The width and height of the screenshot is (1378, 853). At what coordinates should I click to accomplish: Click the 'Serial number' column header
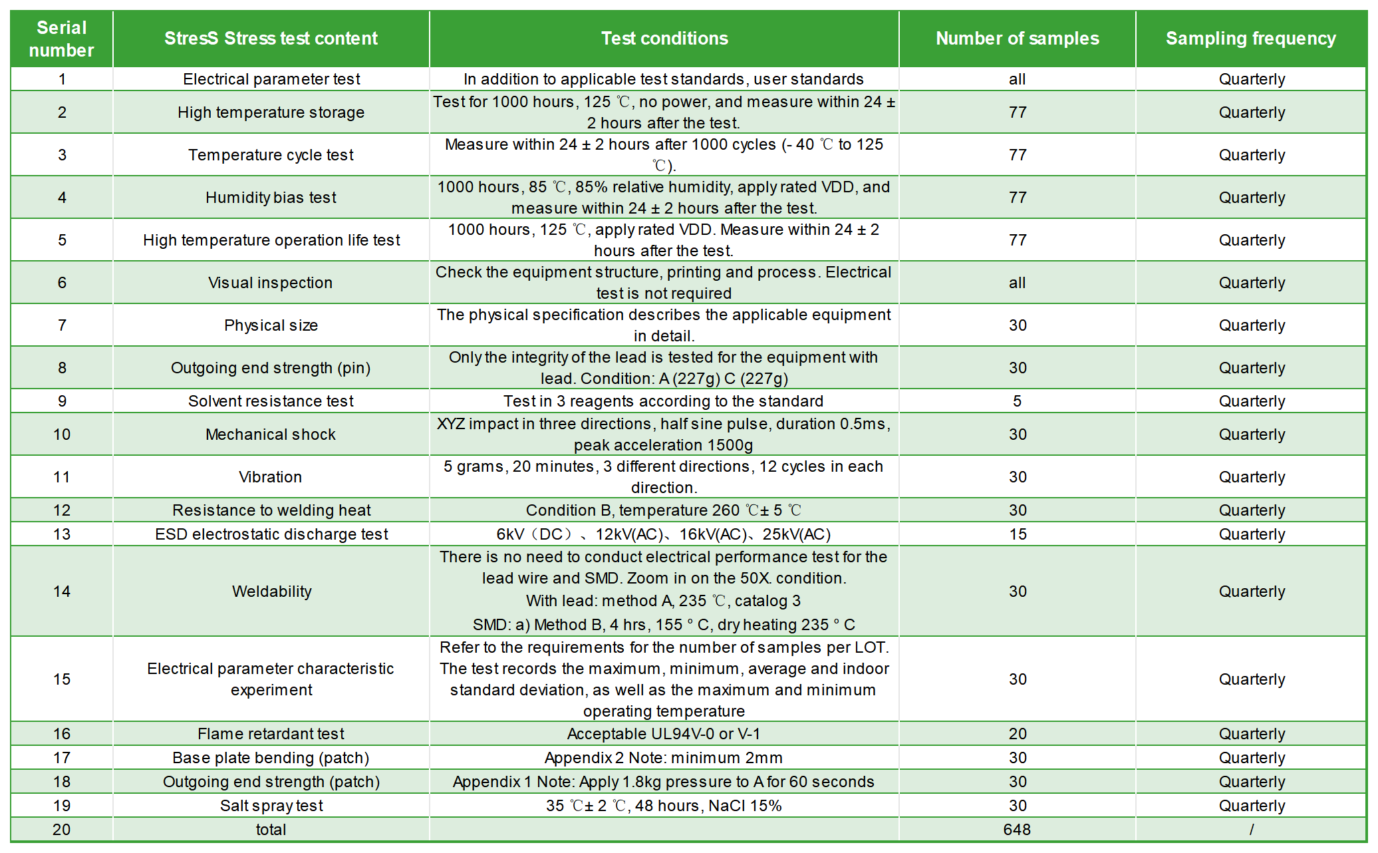click(x=61, y=39)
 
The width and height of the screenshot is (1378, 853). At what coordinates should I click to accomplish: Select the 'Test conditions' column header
click(x=664, y=39)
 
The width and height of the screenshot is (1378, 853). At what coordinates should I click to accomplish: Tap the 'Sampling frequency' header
click(x=1251, y=39)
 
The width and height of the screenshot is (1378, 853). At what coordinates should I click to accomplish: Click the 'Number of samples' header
click(x=1018, y=39)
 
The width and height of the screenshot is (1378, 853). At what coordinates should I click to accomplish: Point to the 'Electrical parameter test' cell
click(x=271, y=79)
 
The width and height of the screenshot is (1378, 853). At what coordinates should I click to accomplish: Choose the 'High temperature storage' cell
click(x=271, y=112)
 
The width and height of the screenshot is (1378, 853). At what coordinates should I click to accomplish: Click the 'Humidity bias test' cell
click(x=271, y=198)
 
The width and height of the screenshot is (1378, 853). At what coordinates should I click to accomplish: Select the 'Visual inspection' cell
click(x=271, y=283)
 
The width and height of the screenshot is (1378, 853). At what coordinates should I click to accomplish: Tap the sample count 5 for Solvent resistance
click(x=1018, y=401)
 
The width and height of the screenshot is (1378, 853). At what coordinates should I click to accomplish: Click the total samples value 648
click(x=1018, y=830)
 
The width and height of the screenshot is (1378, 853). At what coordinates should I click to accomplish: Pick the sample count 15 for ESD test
click(x=1018, y=534)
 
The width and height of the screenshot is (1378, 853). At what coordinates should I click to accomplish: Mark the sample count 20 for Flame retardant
click(x=1018, y=734)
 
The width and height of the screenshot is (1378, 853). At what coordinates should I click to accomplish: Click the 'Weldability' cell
click(x=272, y=592)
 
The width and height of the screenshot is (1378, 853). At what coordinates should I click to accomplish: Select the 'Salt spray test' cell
click(x=271, y=806)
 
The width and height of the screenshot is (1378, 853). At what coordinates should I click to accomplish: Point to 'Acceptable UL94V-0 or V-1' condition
click(x=664, y=734)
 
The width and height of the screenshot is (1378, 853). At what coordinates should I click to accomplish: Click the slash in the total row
click(x=1252, y=830)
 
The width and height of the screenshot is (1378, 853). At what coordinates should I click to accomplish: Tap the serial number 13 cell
click(x=62, y=534)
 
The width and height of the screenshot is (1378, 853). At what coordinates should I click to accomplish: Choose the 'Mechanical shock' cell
click(x=271, y=434)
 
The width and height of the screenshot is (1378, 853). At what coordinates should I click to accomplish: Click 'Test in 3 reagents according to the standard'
click(x=664, y=401)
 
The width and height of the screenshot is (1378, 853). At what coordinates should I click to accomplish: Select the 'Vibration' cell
click(x=271, y=477)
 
